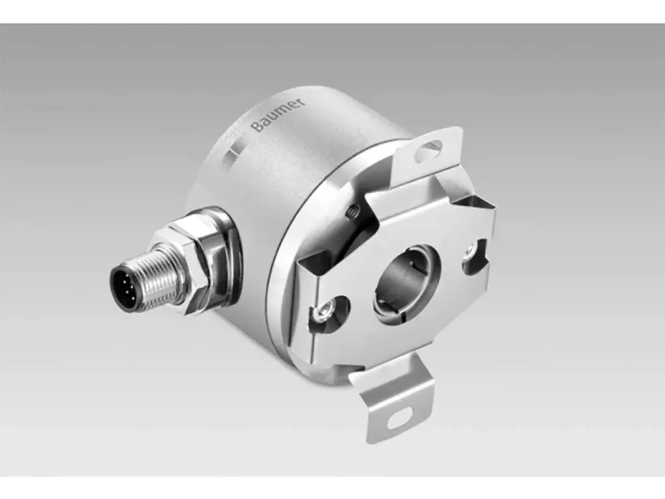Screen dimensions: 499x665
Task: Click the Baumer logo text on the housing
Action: pyautogui.click(x=278, y=114)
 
